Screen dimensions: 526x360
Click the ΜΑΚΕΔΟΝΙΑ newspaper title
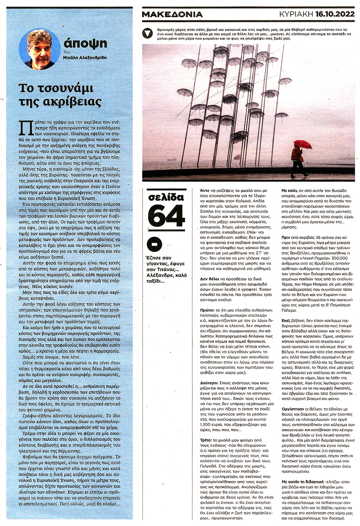(x=172, y=15)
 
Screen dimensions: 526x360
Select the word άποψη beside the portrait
(x=85, y=43)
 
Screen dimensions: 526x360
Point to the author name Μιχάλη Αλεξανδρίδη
(x=85, y=57)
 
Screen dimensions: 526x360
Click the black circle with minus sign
(x=154, y=245)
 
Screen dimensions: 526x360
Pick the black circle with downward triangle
(x=148, y=33)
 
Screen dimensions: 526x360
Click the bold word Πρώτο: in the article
(x=207, y=310)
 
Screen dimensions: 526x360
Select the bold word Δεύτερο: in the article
(x=209, y=383)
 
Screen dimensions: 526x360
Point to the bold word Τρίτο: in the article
(x=206, y=440)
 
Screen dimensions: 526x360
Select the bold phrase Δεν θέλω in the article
(x=209, y=279)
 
